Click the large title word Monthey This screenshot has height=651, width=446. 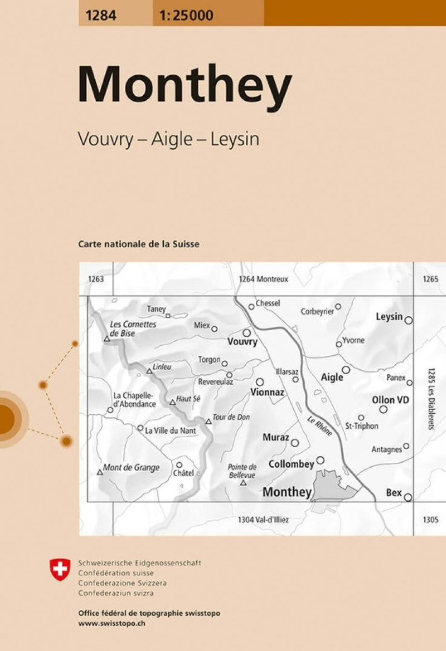(185, 85)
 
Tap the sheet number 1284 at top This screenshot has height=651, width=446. (101, 16)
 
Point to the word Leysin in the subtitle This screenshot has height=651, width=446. (235, 140)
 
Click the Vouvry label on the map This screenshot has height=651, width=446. (243, 342)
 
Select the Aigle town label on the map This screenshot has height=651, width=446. (332, 378)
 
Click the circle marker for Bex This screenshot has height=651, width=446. (408, 497)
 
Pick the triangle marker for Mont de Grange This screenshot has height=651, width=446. (100, 472)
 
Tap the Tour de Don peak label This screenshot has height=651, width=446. (231, 417)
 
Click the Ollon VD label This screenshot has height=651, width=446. (391, 400)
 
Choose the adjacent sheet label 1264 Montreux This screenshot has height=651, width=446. (263, 279)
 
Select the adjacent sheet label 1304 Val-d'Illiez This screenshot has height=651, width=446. (263, 520)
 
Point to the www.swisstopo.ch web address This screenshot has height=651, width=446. (112, 621)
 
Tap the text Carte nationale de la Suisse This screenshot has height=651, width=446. (139, 244)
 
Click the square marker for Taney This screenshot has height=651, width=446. (167, 315)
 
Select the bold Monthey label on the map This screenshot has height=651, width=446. (287, 492)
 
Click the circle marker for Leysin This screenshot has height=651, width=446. (409, 320)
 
